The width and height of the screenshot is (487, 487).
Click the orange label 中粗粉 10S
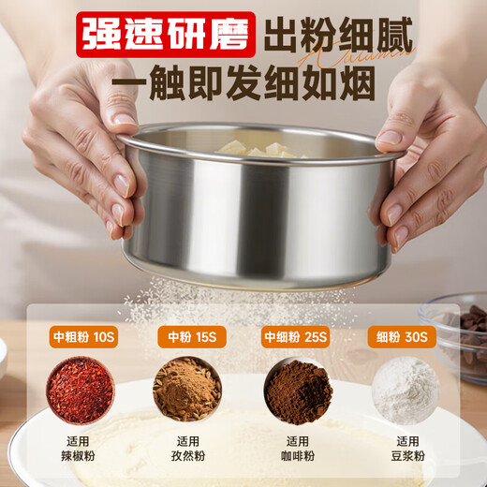81,336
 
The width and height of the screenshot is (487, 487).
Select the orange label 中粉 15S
188,336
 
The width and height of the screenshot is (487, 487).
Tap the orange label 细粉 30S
405,336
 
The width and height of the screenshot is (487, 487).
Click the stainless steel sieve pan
253,215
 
